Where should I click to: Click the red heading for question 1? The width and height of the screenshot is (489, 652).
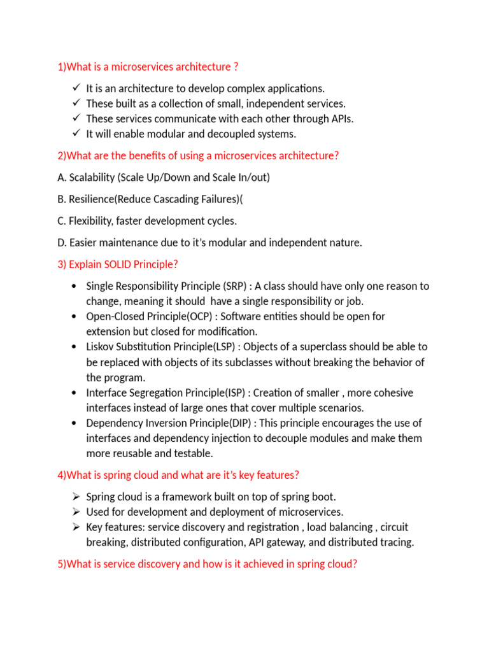(148, 67)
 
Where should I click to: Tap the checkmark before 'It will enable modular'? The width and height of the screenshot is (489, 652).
(76, 133)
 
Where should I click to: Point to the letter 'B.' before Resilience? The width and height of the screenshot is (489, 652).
(62, 199)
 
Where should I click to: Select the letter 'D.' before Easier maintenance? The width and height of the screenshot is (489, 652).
(62, 243)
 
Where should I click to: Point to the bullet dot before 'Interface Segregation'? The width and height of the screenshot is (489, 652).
(75, 393)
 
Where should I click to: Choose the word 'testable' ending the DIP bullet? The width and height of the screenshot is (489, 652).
(194, 453)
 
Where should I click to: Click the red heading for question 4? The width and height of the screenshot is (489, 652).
(178, 475)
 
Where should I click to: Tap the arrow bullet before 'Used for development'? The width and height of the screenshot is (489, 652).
(76, 512)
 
